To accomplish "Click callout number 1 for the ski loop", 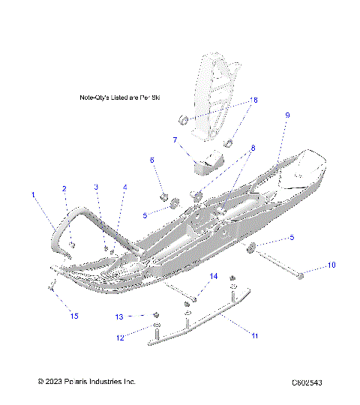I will click(33, 194).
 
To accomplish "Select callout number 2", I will click(64, 188).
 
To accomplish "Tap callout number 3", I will click(96, 187).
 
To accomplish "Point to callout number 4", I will click(124, 187).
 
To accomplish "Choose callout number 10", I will click(332, 265).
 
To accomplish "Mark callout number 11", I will click(254, 336).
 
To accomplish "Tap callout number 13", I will click(119, 316).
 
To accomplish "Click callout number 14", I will click(214, 277).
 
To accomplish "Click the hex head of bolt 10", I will click(301, 277).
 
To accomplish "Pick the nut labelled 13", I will click(155, 313).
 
